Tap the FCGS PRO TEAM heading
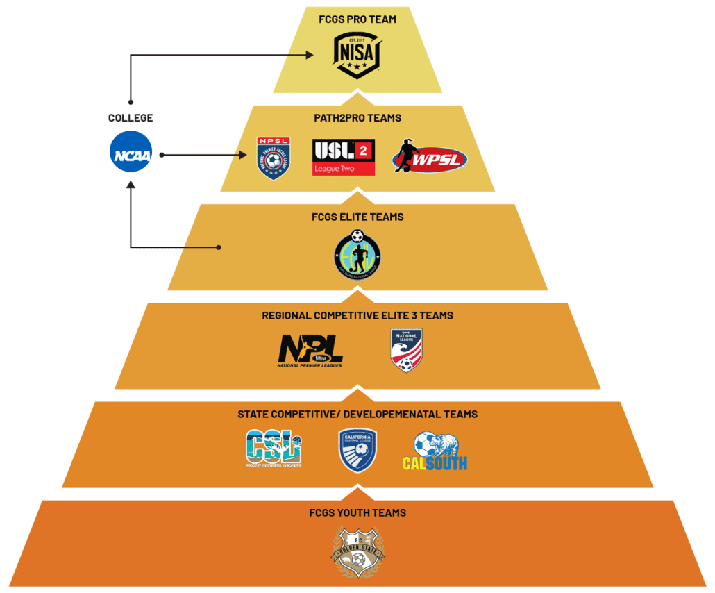[x=357, y=19]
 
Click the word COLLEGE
[x=131, y=118]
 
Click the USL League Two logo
[x=344, y=157]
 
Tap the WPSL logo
[x=429, y=158]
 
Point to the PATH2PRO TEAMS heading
[x=357, y=118]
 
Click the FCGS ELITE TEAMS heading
[x=357, y=217]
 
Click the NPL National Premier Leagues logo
[x=310, y=351]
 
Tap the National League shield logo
[x=406, y=350]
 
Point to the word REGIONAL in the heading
[x=286, y=315]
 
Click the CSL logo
[x=274, y=449]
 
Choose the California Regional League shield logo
[x=357, y=450]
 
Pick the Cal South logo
[x=435, y=451]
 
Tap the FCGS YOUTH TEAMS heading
[x=357, y=512]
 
